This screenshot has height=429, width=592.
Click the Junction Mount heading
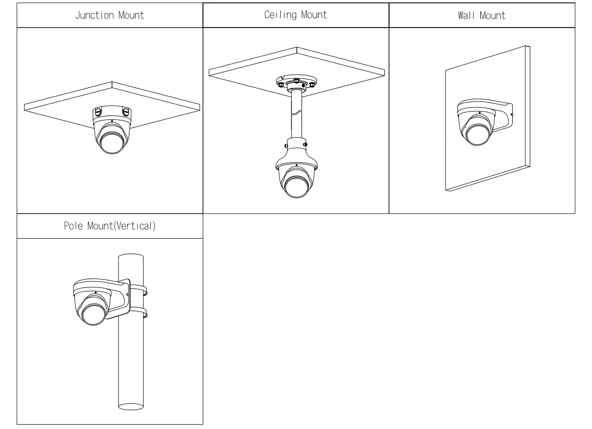110,15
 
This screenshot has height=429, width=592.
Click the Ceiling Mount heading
295,15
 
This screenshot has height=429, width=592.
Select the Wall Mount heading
482,15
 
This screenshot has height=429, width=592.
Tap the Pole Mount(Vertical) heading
110,227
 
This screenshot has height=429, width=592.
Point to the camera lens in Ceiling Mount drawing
296,186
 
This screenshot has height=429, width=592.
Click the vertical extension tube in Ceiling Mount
296,116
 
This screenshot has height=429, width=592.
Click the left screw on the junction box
97,112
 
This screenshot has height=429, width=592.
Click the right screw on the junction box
127,112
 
